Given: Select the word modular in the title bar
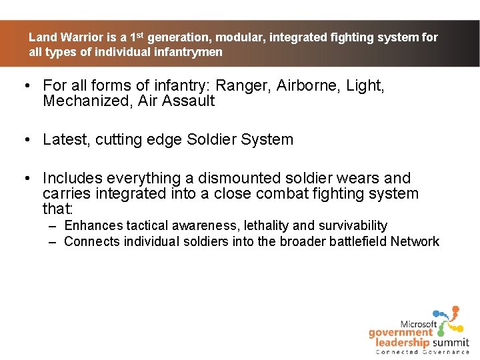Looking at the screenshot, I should [x=237, y=38].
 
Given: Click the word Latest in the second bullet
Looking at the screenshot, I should [x=65, y=140].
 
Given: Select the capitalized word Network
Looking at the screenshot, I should [x=415, y=241].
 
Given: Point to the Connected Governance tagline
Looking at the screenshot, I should [x=422, y=352].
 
